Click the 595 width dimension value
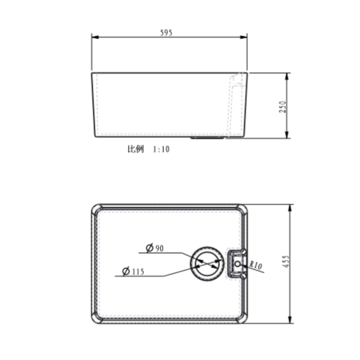pos(166,33)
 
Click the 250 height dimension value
pos(283,107)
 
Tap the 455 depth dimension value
pos(285,261)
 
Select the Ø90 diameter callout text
pos(155,248)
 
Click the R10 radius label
pos(256,265)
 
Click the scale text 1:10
pos(161,149)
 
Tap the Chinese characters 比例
pos(136,149)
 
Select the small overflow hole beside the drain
pos(238,264)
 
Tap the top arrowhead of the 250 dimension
pos(287,76)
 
